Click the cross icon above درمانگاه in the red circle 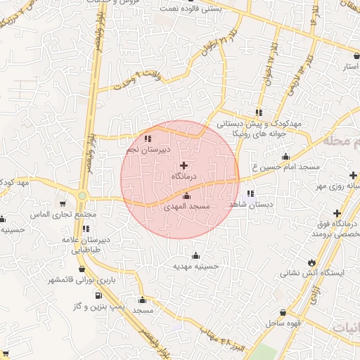184,165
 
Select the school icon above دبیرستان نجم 148,139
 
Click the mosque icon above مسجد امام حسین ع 285,157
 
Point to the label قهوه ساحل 283,323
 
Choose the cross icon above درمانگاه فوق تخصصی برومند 337,213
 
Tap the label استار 350,67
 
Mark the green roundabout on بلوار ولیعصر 82,195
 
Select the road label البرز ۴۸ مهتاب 226,338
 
